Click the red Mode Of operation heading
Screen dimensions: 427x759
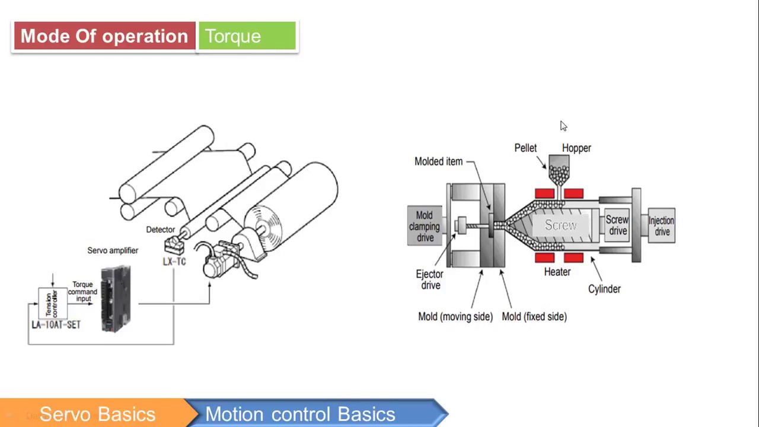(104, 36)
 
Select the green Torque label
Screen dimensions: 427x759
(246, 36)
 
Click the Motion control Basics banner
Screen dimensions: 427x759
(300, 414)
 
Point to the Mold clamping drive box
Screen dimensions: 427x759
(425, 226)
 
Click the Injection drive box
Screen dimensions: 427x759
(661, 226)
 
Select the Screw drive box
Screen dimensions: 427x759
(617, 225)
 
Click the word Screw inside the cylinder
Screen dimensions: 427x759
(560, 225)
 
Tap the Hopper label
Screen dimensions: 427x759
(576, 148)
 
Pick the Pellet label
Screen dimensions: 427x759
(525, 148)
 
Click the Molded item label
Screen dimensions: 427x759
(438, 161)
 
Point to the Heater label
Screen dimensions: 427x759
(557, 272)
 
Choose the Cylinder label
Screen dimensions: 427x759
(604, 289)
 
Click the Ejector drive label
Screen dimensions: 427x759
(429, 279)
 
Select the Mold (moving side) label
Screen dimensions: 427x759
(455, 317)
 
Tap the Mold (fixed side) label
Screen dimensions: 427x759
(534, 317)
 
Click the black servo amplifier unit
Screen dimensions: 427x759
(116, 298)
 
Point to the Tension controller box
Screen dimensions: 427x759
(53, 304)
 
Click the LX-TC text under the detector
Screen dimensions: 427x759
(174, 262)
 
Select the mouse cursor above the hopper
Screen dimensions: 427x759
(563, 126)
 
